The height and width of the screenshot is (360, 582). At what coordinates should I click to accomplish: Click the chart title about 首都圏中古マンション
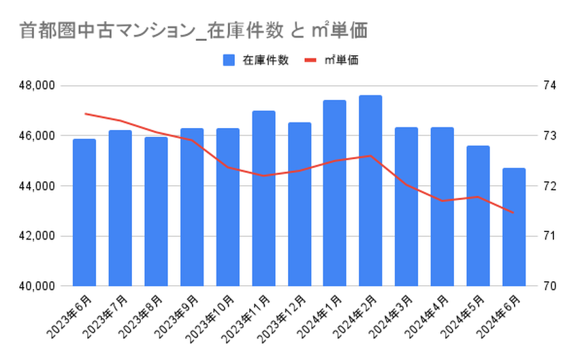tap(193, 30)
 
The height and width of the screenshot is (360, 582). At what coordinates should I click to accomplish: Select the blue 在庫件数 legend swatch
tap(229, 61)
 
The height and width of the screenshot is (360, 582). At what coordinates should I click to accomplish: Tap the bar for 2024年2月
tap(370, 191)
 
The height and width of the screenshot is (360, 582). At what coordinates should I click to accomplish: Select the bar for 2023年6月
tap(84, 212)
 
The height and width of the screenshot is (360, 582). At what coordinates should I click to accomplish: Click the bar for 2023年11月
tap(263, 198)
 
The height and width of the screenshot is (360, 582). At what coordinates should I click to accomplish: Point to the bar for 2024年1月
tap(335, 193)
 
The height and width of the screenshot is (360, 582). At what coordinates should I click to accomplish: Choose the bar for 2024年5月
tap(478, 216)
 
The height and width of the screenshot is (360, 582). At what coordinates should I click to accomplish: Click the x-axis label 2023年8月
tap(144, 316)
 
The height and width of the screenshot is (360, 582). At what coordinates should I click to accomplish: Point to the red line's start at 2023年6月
tap(85, 114)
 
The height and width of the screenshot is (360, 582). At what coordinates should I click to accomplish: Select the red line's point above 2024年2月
tap(370, 156)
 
